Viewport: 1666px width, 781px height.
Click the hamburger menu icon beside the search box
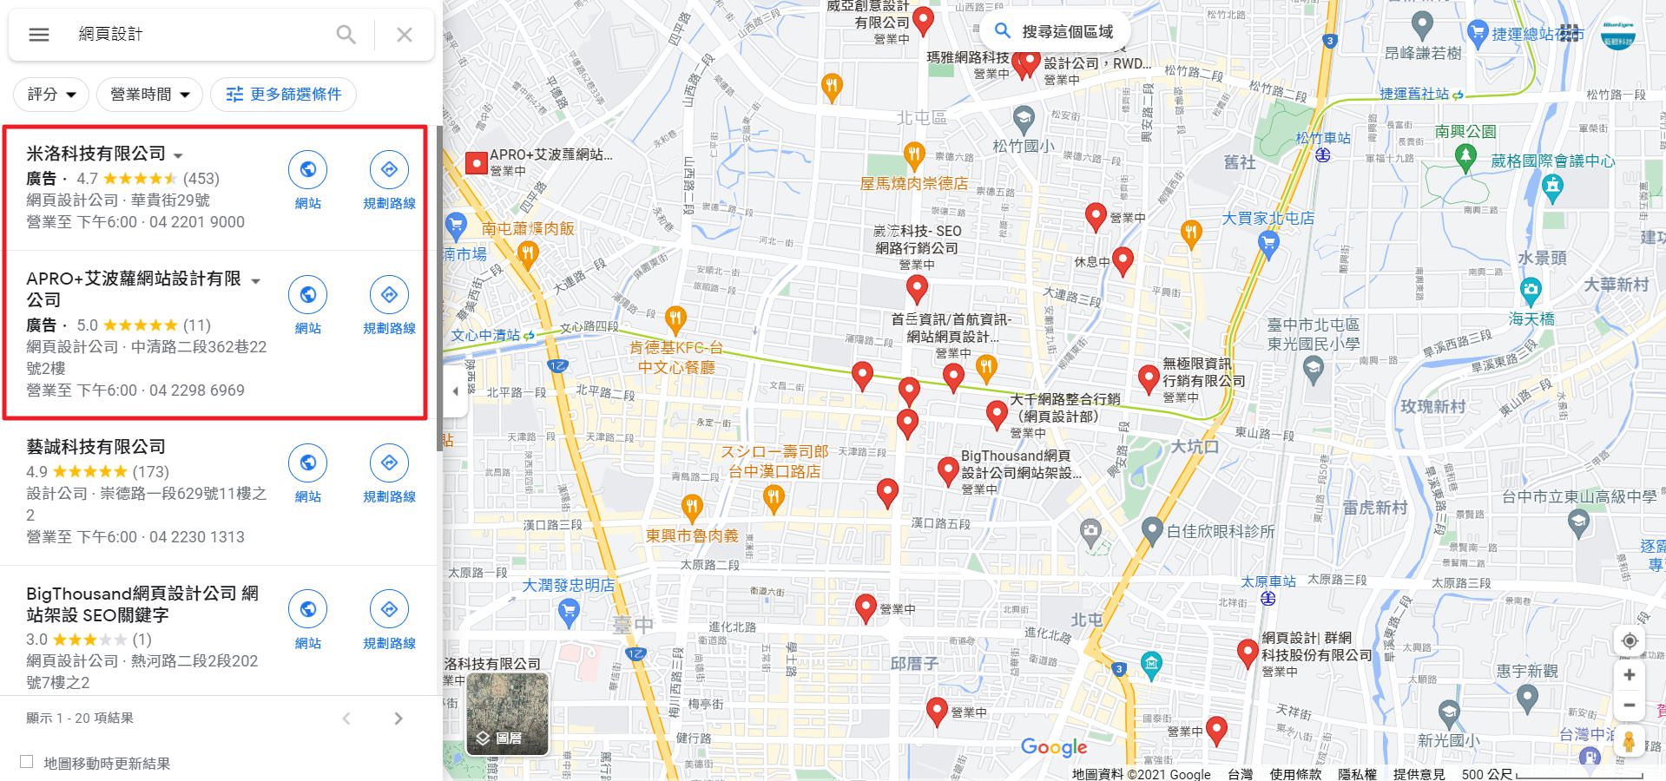click(x=39, y=35)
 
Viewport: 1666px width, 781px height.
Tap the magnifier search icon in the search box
click(x=346, y=35)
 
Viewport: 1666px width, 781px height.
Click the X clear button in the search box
click(x=405, y=35)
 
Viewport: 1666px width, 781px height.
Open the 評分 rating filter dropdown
click(x=51, y=95)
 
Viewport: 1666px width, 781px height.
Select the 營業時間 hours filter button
click(x=149, y=95)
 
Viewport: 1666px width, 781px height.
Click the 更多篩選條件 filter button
click(x=284, y=95)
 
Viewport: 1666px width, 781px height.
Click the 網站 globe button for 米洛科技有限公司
click(x=307, y=169)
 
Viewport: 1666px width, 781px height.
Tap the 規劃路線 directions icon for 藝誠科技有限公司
click(x=389, y=463)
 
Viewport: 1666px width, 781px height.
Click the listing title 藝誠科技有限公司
click(x=95, y=447)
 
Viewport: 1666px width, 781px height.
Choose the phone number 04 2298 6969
click(x=197, y=390)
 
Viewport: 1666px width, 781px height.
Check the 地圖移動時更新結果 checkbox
click(x=27, y=762)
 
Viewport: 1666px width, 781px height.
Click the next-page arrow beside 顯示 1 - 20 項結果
click(x=398, y=719)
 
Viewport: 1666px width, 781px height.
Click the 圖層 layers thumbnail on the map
click(x=508, y=713)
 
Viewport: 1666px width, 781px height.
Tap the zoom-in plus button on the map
click(x=1630, y=675)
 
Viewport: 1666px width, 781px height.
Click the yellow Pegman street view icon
click(x=1630, y=742)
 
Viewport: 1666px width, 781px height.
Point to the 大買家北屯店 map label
click(x=1268, y=218)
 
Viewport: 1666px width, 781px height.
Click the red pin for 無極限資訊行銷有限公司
click(x=1149, y=377)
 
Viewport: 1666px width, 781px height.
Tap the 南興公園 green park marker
click(x=1465, y=156)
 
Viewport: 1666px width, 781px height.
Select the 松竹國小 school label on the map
click(x=1024, y=146)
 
